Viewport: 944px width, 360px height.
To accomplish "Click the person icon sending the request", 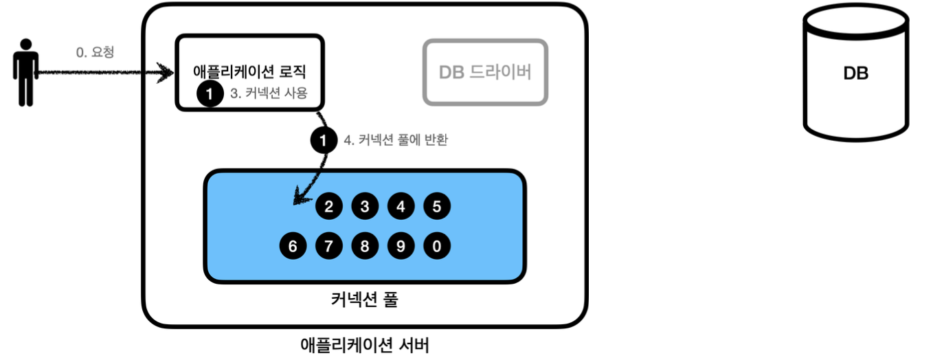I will (25, 72).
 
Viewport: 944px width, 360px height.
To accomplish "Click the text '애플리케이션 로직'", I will (250, 71).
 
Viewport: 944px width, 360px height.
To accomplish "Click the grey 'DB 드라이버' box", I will (485, 72).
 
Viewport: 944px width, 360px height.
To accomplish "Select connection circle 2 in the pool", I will (329, 206).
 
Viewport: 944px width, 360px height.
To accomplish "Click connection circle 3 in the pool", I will (365, 206).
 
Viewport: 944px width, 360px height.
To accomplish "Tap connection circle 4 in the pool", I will (401, 206).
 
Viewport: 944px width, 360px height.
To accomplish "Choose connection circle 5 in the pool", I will (437, 206).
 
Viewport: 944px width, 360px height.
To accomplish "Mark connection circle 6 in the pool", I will (293, 246).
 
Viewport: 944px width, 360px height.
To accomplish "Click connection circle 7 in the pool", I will (329, 246).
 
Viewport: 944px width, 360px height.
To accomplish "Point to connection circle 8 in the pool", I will (365, 246).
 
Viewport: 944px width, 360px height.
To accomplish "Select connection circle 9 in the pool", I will (401, 246).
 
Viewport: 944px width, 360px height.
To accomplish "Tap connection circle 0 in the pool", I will (437, 246).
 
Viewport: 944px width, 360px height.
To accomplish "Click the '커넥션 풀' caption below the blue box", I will (364, 300).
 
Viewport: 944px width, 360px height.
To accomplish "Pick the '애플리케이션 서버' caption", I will (364, 344).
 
